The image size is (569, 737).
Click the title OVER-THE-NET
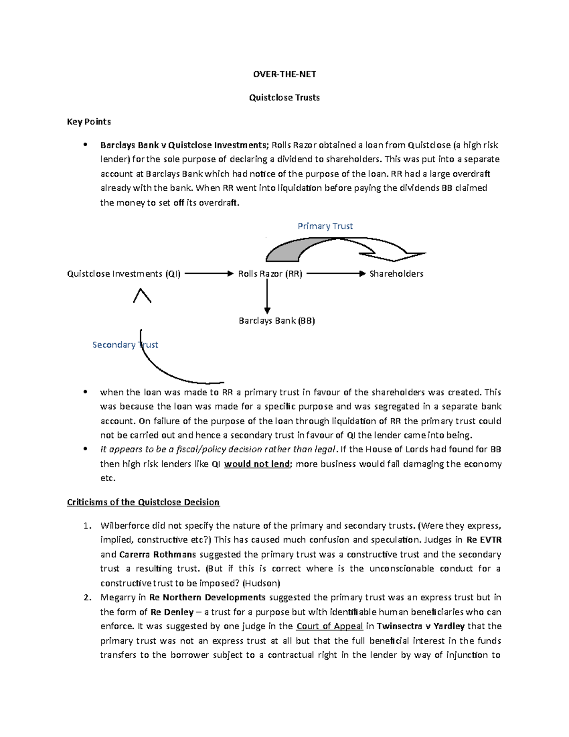pyautogui.click(x=284, y=74)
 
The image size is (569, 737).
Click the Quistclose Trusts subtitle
pyautogui.click(x=284, y=98)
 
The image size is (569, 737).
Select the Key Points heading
pyautogui.click(x=89, y=121)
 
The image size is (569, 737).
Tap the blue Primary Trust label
pyautogui.click(x=325, y=226)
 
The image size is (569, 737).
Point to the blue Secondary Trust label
pyautogui.click(x=125, y=345)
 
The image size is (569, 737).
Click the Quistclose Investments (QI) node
pyautogui.click(x=124, y=274)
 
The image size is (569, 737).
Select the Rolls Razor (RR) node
pyautogui.click(x=270, y=274)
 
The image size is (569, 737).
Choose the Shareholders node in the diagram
pyautogui.click(x=396, y=274)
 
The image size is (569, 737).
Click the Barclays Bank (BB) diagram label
pyautogui.click(x=277, y=321)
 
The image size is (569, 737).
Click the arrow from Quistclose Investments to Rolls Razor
pyautogui.click(x=209, y=274)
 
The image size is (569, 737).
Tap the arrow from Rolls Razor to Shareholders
pyautogui.click(x=336, y=274)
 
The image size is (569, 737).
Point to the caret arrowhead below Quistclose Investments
pyautogui.click(x=142, y=296)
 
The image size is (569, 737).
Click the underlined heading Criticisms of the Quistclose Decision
pyautogui.click(x=143, y=502)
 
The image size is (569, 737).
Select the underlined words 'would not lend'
pyautogui.click(x=257, y=464)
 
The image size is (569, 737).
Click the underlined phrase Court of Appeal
pyautogui.click(x=330, y=626)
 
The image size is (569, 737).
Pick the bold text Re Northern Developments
pyautogui.click(x=207, y=597)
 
